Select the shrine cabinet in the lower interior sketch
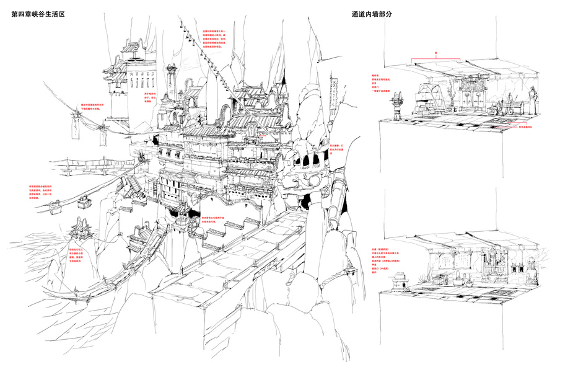pyautogui.click(x=493, y=265)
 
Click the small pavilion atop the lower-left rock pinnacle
pyautogui.click(x=81, y=231)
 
